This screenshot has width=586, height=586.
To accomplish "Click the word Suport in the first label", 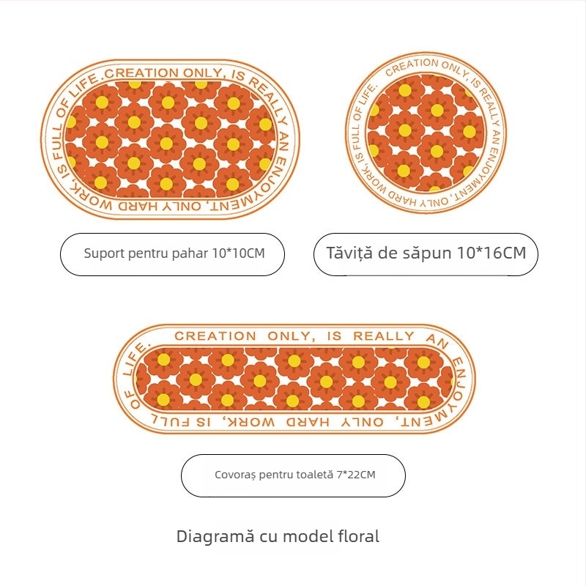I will pyautogui.click(x=104, y=254).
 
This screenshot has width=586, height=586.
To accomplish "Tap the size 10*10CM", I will pyautogui.click(x=238, y=254).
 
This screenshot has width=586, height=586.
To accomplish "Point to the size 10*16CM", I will pyautogui.click(x=492, y=254).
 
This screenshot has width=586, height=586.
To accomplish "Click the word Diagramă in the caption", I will pyautogui.click(x=212, y=536).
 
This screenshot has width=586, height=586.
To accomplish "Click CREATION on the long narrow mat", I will pyautogui.click(x=215, y=336).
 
